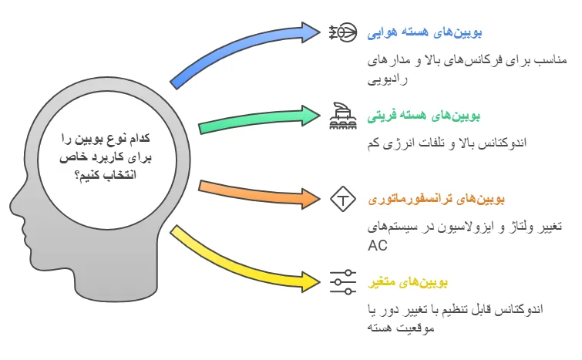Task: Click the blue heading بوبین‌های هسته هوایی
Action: click(437, 32)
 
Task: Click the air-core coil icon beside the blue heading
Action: click(342, 32)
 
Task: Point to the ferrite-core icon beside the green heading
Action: click(342, 115)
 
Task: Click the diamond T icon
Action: click(342, 198)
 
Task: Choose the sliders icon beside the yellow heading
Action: click(342, 281)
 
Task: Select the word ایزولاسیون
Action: click(450, 227)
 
